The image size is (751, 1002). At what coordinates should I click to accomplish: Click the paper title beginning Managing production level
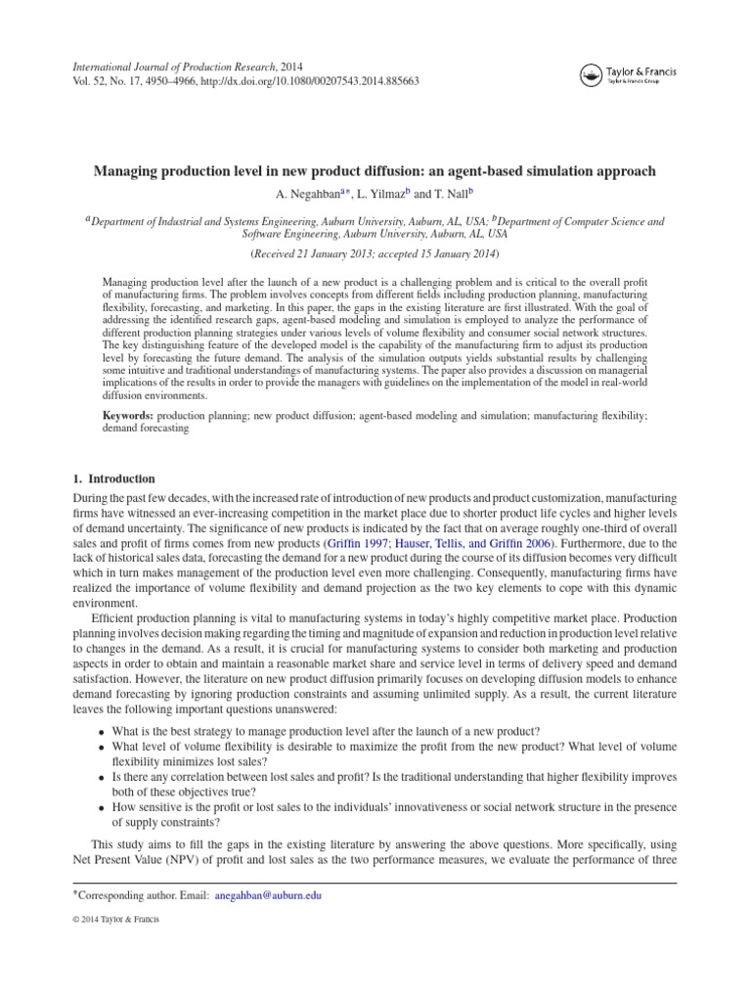point(375,171)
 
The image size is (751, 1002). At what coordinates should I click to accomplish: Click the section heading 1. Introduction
point(113,479)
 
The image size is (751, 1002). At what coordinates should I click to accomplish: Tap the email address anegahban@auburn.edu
point(268,894)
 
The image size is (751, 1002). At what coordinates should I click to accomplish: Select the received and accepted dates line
point(375,254)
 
